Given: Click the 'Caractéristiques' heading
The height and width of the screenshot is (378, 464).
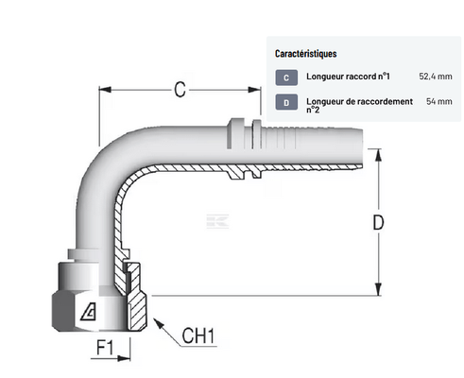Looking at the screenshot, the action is pyautogui.click(x=305, y=54).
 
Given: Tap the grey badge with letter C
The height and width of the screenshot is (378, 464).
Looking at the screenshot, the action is pyautogui.click(x=286, y=77).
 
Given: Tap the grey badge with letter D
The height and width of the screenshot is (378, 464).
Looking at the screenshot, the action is pyautogui.click(x=286, y=102).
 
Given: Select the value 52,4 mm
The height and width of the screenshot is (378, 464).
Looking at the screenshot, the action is pyautogui.click(x=436, y=77).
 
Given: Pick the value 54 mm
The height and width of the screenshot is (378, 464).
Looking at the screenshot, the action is pyautogui.click(x=439, y=101).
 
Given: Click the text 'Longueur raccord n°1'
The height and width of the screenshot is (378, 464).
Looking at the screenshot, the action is pyautogui.click(x=348, y=77).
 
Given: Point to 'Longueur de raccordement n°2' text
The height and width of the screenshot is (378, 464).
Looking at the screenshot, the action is pyautogui.click(x=359, y=105).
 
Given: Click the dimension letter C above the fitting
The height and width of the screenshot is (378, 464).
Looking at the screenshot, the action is pyautogui.click(x=180, y=90).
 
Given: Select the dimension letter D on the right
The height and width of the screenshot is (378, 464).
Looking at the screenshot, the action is pyautogui.click(x=378, y=222).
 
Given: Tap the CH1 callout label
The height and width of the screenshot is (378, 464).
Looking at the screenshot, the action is pyautogui.click(x=198, y=335).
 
